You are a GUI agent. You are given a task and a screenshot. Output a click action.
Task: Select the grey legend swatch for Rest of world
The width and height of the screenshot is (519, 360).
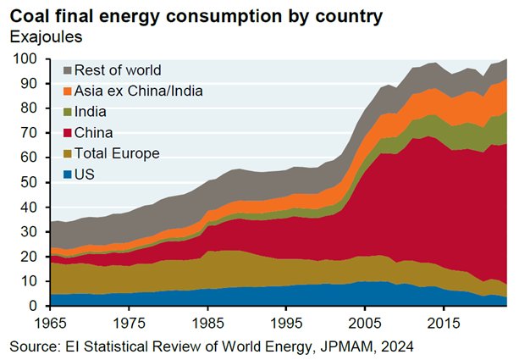coord(64,69)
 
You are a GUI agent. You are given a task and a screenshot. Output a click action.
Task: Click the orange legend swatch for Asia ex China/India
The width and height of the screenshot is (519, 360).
coord(64,91)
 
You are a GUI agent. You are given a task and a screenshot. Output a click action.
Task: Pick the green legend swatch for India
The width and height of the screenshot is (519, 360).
coord(64,112)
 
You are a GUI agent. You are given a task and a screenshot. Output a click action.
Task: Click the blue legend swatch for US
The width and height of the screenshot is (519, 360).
coord(64,174)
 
